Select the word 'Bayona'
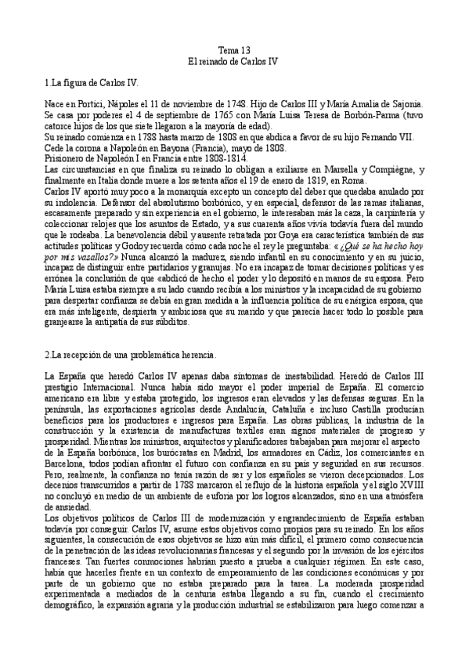click(175, 147)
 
